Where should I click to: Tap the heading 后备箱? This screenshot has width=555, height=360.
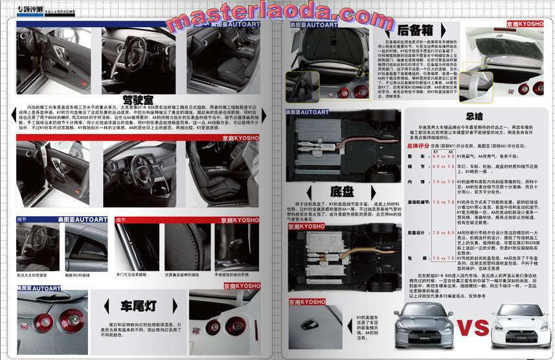click(414, 30)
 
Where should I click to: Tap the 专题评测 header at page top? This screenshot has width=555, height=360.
click(27, 7)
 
